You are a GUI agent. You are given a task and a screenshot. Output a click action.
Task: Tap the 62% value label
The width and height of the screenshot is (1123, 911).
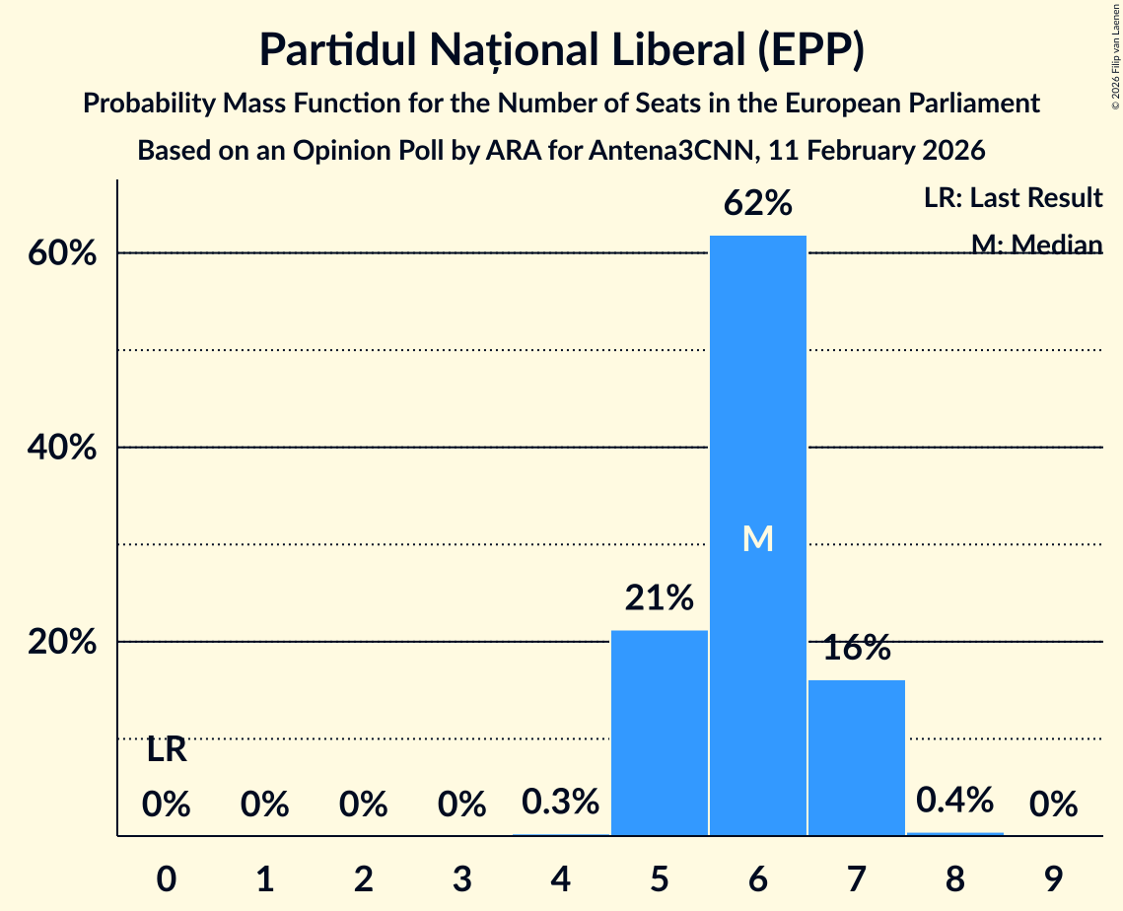pos(757,204)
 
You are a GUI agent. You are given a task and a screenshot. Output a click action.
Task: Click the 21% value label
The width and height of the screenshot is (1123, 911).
pos(659,597)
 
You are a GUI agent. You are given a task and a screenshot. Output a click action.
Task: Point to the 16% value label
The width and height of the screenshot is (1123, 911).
pos(856,648)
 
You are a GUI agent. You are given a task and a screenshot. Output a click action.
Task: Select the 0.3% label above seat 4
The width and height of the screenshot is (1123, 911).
pos(560,802)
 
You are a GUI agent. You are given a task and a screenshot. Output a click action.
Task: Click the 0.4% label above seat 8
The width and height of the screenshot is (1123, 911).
pos(954,800)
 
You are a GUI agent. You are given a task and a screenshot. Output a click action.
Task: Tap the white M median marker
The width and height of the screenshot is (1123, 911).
pos(757,538)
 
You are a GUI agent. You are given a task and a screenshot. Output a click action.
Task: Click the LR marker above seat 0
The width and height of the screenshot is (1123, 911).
pos(167,750)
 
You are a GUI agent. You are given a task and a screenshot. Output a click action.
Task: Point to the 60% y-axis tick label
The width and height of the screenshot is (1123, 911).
pos(61,253)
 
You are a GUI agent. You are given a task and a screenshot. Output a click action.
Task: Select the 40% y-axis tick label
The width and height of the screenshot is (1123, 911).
pos(61,448)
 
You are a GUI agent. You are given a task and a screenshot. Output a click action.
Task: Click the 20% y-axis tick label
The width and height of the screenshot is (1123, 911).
pos(61,642)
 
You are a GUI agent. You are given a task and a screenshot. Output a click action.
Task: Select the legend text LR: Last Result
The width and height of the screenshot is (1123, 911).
pos(1013,198)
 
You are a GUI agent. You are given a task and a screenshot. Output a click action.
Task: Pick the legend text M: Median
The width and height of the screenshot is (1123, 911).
pos(1036,244)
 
